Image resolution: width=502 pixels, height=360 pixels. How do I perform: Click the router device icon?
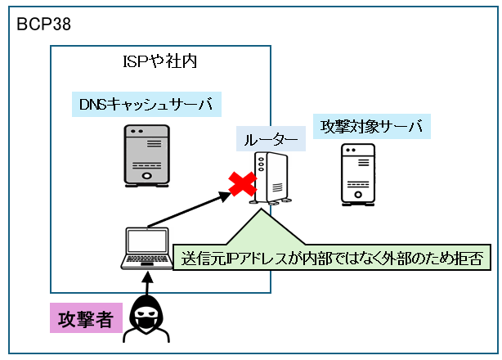[x=271, y=178]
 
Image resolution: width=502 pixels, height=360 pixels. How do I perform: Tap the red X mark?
[x=242, y=185]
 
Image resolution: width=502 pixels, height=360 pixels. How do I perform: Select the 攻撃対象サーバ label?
[x=372, y=127]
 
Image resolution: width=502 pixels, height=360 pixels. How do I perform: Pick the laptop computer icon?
[x=146, y=249]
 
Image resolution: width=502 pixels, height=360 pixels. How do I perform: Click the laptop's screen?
[x=146, y=241]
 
